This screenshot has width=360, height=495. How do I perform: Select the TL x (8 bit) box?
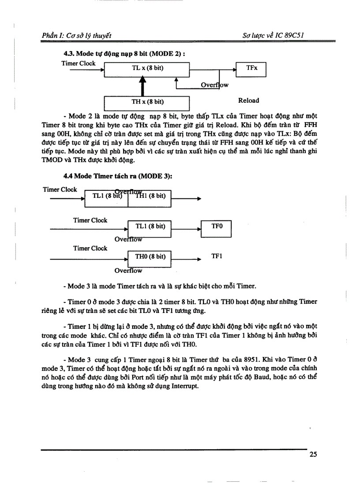pyautogui.click(x=147, y=69)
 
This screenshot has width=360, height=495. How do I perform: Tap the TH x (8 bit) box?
pyautogui.click(x=147, y=102)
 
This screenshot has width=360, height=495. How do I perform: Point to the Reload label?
pyautogui.click(x=248, y=100)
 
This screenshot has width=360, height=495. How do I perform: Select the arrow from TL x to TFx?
pyautogui.click(x=213, y=69)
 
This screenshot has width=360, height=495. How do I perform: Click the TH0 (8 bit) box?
pyautogui.click(x=150, y=257)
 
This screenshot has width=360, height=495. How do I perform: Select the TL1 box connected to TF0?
pyautogui.click(x=150, y=227)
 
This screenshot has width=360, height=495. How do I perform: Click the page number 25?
pyautogui.click(x=313, y=455)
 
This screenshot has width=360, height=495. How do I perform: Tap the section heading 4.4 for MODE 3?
pyautogui.click(x=117, y=176)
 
